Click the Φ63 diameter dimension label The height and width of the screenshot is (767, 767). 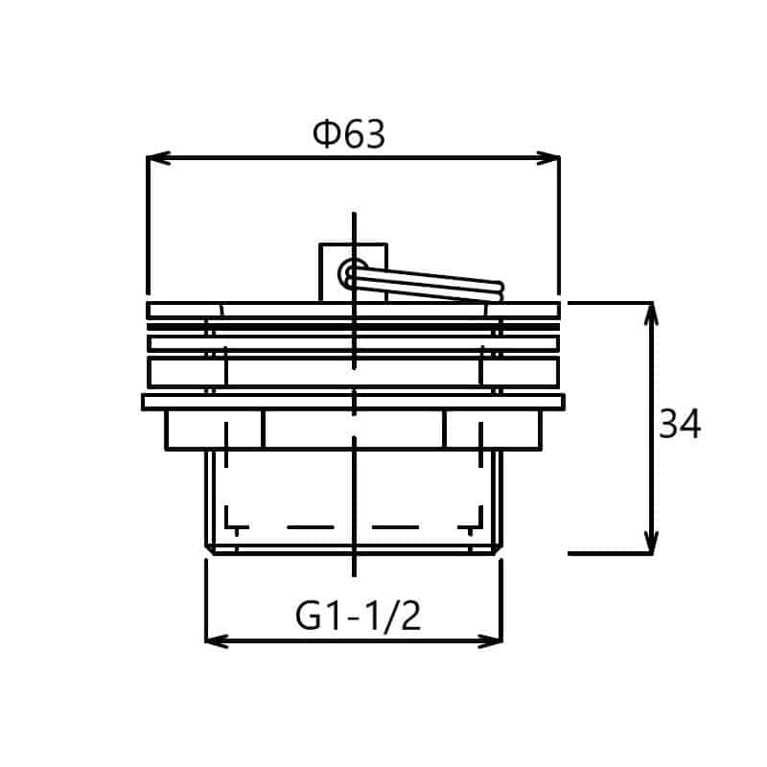pyautogui.click(x=349, y=134)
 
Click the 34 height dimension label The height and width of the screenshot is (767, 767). pyautogui.click(x=680, y=424)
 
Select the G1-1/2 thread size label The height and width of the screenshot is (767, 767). pyautogui.click(x=358, y=616)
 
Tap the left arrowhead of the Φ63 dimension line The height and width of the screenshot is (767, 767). pyautogui.click(x=158, y=157)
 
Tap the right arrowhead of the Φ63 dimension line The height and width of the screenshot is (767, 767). pyautogui.click(x=547, y=157)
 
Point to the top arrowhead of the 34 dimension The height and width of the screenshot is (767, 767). pyautogui.click(x=651, y=314)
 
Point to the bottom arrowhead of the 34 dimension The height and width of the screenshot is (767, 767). pyautogui.click(x=651, y=543)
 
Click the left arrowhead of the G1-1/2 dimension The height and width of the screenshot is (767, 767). pyautogui.click(x=218, y=640)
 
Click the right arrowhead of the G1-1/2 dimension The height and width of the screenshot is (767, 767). pyautogui.click(x=491, y=640)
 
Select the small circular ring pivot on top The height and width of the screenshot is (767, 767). pyautogui.click(x=353, y=272)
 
